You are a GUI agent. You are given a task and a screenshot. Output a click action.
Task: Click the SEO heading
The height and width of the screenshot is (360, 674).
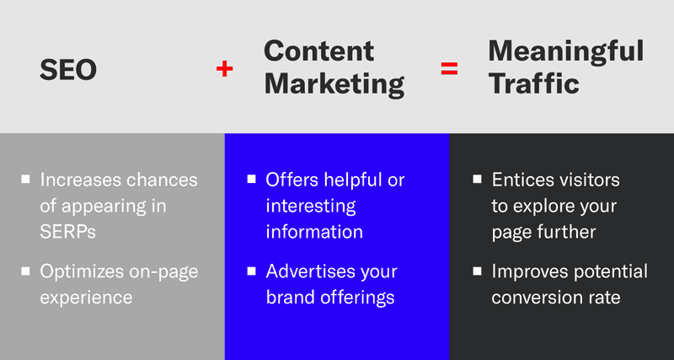click(x=68, y=70)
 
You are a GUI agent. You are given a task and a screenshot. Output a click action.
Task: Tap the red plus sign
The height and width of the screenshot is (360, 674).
click(x=224, y=69)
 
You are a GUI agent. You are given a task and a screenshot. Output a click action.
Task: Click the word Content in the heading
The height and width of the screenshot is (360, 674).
click(x=317, y=51)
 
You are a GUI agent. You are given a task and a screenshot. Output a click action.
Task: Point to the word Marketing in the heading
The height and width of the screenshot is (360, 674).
click(x=334, y=83)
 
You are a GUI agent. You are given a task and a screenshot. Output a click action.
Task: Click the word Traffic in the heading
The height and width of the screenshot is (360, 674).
click(x=533, y=83)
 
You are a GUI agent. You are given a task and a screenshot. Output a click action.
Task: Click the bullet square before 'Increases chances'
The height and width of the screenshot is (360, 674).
click(x=27, y=179)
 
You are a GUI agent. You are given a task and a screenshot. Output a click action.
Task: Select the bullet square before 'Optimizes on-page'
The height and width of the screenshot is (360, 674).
click(x=27, y=271)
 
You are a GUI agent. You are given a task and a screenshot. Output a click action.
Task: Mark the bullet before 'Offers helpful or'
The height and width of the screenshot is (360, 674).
click(x=251, y=179)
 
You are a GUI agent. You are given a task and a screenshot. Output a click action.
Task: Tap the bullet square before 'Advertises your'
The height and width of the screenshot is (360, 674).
click(x=251, y=271)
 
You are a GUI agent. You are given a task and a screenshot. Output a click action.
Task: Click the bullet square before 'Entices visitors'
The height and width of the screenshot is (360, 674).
click(x=477, y=179)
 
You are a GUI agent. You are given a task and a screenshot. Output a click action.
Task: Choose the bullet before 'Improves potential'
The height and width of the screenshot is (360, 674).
click(x=477, y=271)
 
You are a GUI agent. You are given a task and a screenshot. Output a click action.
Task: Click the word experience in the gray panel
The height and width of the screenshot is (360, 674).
click(x=87, y=297)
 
